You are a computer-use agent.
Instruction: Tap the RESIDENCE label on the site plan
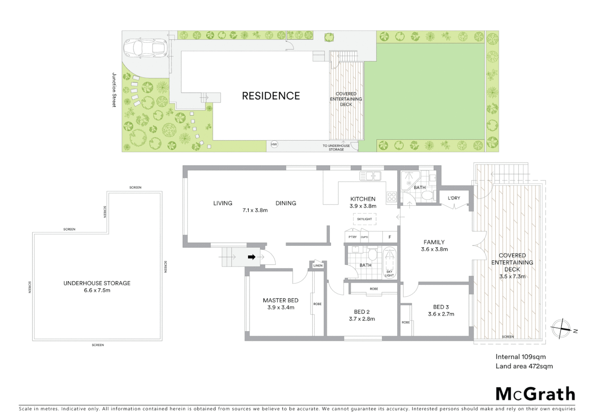(x=271, y=96)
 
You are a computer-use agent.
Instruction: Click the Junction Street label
(x=114, y=90)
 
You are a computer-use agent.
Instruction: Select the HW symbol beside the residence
(x=274, y=145)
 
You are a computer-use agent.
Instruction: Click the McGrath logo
(x=535, y=394)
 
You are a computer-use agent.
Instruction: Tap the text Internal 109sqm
(x=520, y=357)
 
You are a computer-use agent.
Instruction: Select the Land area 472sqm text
(x=524, y=366)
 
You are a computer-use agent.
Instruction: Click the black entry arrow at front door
(x=252, y=257)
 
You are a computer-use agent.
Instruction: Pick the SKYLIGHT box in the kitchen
(x=364, y=219)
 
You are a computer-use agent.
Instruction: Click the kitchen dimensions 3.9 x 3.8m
(x=363, y=206)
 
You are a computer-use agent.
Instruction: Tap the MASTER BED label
(x=280, y=300)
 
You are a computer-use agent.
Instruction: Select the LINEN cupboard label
(x=318, y=266)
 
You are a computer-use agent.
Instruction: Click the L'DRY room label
(x=454, y=198)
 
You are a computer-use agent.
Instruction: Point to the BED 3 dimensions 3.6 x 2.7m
(x=441, y=314)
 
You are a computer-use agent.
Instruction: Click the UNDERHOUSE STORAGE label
(x=97, y=283)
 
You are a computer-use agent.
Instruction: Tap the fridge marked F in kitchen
(x=390, y=237)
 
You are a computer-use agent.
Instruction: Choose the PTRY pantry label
(x=352, y=237)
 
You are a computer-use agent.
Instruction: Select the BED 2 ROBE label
(x=374, y=289)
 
